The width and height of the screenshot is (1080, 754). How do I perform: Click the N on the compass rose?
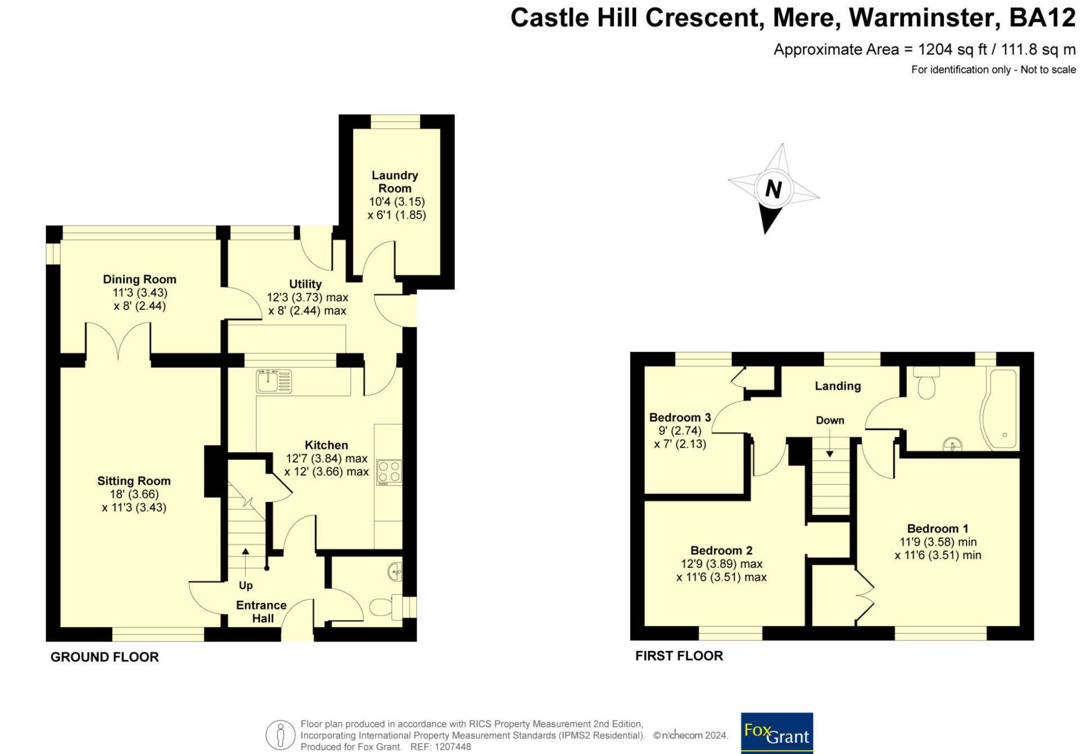coord(773,189)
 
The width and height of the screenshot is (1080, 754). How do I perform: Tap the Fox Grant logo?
coord(777,733)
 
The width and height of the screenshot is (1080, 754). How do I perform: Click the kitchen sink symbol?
coord(274,381)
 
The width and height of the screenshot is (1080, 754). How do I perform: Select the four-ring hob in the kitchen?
coord(389,472)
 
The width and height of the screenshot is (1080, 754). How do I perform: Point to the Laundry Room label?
coord(395,182)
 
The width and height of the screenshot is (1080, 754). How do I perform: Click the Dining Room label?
coord(139,279)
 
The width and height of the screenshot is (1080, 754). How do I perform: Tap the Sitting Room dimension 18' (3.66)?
coord(134,494)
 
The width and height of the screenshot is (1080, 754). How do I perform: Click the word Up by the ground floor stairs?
coord(246,585)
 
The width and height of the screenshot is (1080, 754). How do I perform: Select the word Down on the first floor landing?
coord(830,420)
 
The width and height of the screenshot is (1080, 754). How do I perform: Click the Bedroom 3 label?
coord(680,417)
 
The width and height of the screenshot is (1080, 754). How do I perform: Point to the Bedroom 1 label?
coord(938,529)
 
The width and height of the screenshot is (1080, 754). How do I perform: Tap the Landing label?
coord(838,386)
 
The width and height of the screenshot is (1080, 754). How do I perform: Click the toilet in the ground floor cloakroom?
coord(386,607)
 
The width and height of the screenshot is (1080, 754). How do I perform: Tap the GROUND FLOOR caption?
coord(105,657)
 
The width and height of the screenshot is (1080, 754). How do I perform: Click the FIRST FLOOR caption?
coord(679,656)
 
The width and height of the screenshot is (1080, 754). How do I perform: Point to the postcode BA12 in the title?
coord(1042,18)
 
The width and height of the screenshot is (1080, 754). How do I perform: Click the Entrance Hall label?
coord(262,612)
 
